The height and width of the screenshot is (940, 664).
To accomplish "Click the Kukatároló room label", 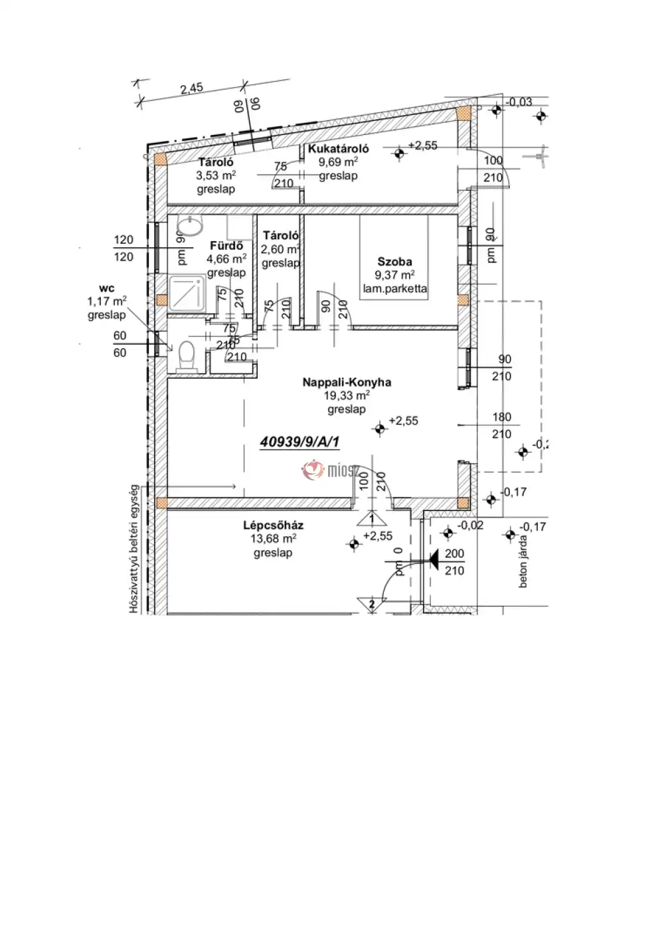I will point(338,149).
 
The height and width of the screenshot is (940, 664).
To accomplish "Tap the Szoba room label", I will point(395,262).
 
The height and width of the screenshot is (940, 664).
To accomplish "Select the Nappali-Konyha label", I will point(347,382).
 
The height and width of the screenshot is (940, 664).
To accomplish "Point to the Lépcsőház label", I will point(273,525).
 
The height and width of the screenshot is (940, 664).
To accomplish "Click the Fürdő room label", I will point(222,246).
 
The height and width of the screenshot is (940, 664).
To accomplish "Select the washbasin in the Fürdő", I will point(192,228).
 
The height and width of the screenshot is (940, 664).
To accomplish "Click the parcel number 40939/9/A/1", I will point(303,440).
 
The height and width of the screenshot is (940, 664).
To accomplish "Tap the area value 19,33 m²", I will point(347,395).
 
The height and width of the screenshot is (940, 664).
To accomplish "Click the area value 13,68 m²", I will point(273,539).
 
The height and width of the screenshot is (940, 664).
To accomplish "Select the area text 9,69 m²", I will point(338,162).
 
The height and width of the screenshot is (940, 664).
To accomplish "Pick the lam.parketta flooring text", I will point(395,289).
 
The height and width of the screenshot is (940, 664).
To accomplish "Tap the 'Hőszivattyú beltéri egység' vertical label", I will point(133,548).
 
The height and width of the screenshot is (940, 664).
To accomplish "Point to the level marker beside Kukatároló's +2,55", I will point(399,154).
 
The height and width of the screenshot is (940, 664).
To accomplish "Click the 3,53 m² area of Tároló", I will point(216,175).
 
